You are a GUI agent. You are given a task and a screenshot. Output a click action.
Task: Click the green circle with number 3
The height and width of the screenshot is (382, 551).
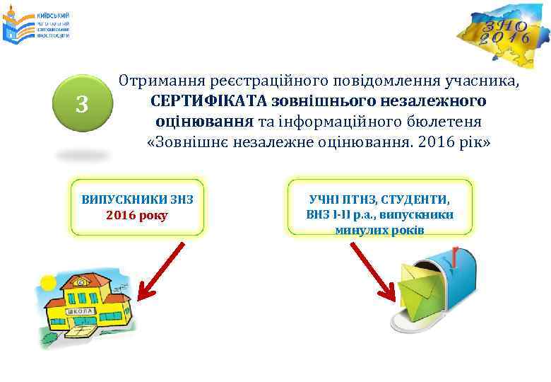pos(83,105)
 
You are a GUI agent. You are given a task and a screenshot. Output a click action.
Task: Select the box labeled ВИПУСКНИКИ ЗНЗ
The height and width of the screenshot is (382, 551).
pos(138,206)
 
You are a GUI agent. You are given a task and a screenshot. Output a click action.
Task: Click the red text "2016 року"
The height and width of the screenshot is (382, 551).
pos(137,214)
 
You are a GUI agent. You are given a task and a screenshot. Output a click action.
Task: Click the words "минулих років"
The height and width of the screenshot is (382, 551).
pos(379,230)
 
